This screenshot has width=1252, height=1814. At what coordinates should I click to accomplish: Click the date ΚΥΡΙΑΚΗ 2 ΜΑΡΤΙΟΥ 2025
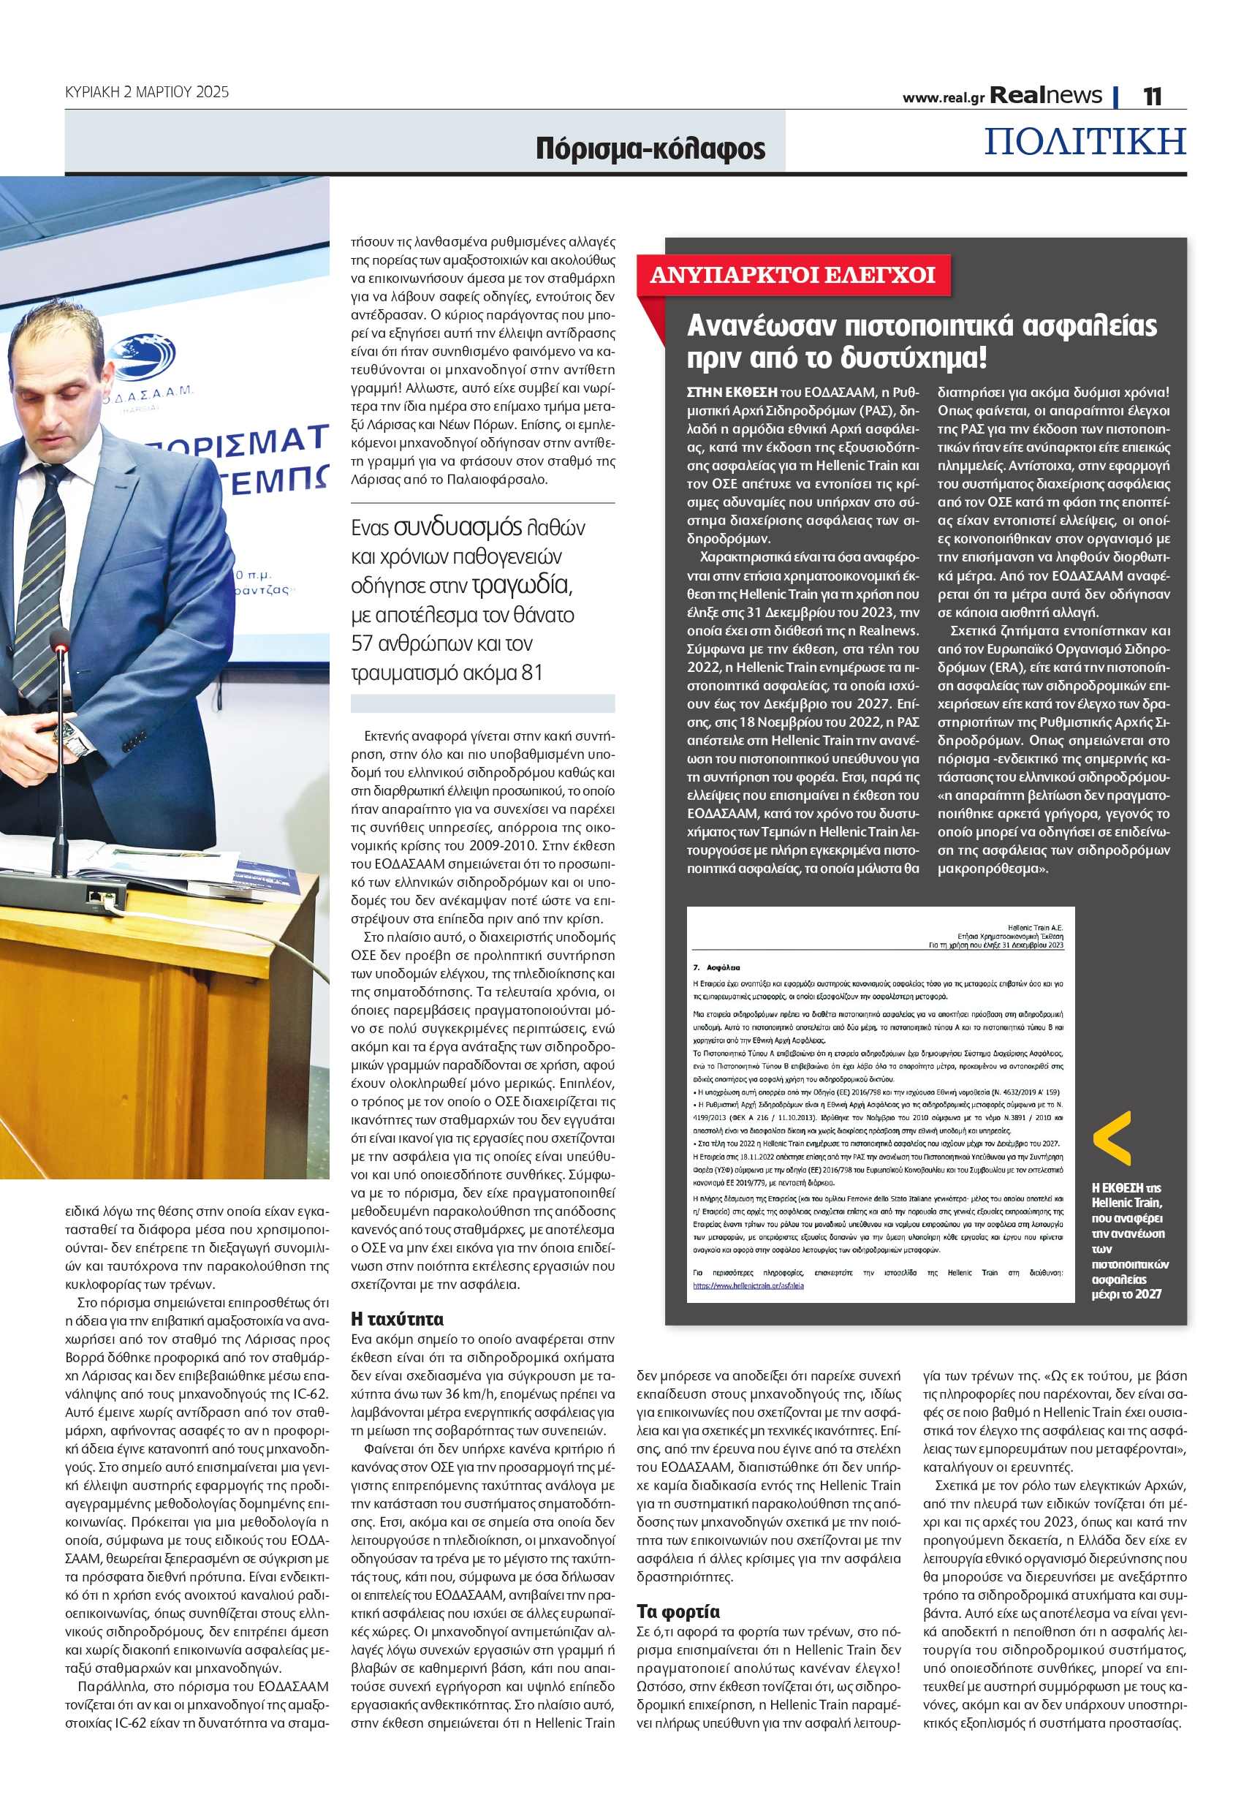pyautogui.click(x=147, y=92)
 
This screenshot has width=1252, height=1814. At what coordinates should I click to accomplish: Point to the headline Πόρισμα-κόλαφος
pyautogui.click(x=650, y=148)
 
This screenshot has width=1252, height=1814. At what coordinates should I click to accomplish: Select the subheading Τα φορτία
pyautogui.click(x=678, y=1611)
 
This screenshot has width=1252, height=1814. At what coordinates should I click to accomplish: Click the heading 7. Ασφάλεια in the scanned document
pyautogui.click(x=716, y=967)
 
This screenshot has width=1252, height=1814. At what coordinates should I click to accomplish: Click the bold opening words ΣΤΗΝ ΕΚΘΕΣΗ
pyautogui.click(x=732, y=393)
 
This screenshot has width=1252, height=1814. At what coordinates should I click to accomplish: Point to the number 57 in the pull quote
pyautogui.click(x=362, y=644)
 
